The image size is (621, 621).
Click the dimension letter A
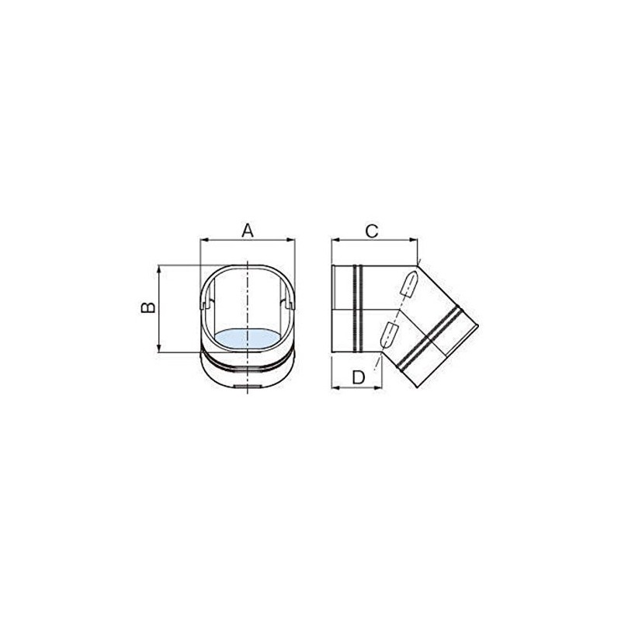248,231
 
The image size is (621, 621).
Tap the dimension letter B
148,307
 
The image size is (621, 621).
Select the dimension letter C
372,231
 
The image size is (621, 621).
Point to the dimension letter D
359,377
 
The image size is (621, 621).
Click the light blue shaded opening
248,338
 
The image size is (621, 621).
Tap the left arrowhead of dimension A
204,240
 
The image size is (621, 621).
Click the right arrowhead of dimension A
290,240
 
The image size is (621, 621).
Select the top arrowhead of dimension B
159,269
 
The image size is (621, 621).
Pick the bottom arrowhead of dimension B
159,348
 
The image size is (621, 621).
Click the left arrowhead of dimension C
335,240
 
